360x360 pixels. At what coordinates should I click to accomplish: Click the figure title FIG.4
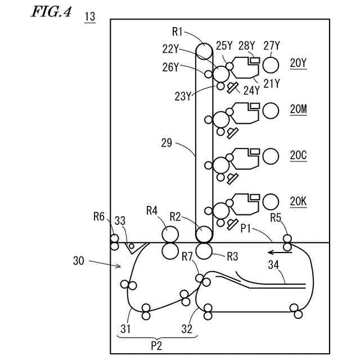(51, 12)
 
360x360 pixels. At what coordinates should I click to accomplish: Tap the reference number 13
(89, 16)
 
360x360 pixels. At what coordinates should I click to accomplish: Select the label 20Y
(298, 64)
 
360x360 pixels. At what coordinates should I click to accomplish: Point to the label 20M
(298, 110)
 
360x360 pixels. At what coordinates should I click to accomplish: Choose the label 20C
(298, 155)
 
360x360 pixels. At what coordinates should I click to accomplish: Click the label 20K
(298, 201)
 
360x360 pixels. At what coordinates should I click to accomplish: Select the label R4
(152, 211)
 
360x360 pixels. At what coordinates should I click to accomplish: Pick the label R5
(276, 217)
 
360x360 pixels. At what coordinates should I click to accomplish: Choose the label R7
(188, 258)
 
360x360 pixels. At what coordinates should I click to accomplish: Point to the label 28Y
(245, 46)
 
